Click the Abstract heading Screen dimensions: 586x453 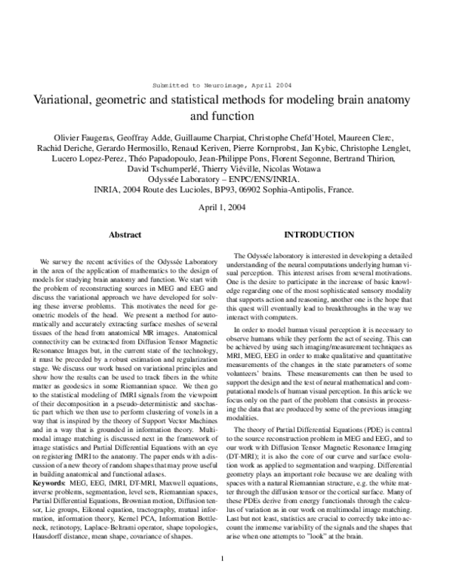[125, 236]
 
